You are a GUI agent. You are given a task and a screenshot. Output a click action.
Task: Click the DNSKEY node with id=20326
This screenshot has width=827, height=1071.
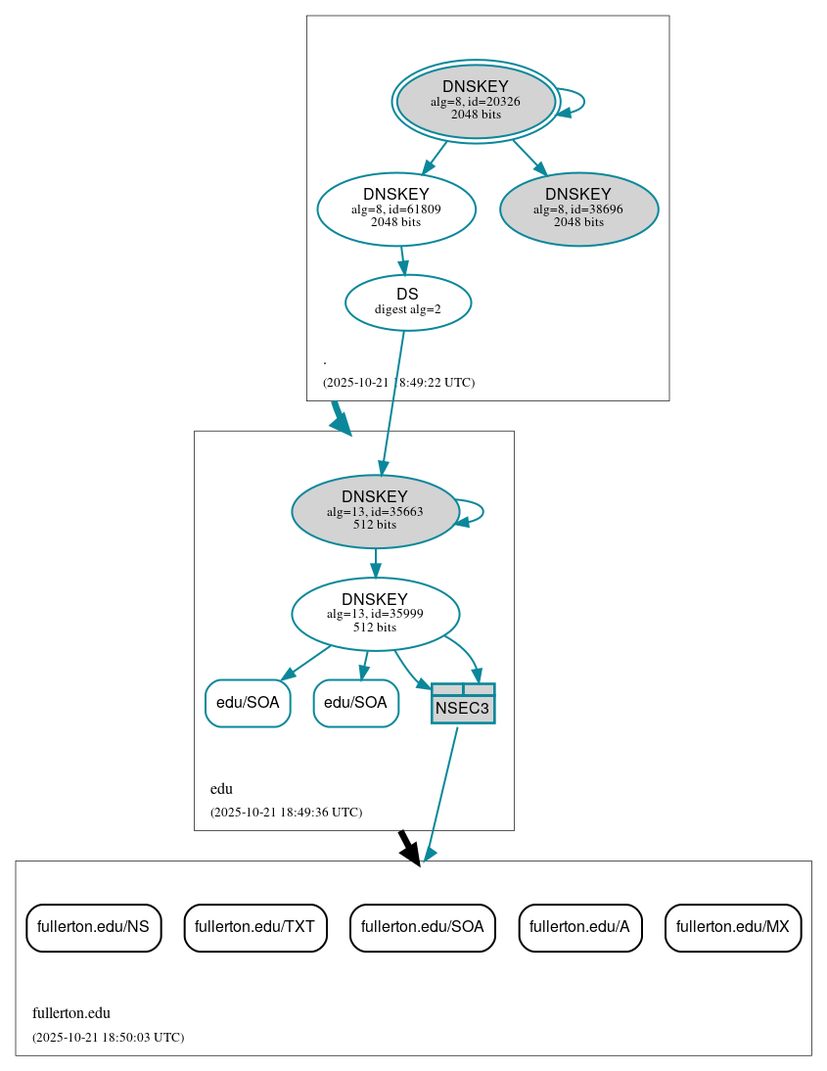[x=476, y=101]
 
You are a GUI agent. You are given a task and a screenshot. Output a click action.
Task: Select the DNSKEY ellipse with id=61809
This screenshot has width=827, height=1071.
[x=396, y=209]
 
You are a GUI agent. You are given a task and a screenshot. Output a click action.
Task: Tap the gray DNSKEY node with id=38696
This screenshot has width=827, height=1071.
[x=578, y=209]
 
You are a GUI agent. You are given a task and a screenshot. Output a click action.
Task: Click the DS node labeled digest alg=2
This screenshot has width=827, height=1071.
[x=408, y=303]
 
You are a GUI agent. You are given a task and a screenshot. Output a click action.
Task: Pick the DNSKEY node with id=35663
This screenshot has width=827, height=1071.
[x=375, y=511]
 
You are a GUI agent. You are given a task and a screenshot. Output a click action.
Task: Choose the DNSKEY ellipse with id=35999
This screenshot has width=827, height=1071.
[x=375, y=614]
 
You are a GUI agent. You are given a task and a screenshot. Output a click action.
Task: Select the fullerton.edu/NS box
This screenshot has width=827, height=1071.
[x=93, y=927]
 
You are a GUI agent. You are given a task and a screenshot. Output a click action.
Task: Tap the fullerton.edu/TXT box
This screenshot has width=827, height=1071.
[x=254, y=927]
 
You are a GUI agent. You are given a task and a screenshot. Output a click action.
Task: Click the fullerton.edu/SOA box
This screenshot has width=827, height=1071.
[x=422, y=927]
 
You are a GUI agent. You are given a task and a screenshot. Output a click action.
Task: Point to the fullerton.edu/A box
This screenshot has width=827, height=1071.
[x=579, y=927]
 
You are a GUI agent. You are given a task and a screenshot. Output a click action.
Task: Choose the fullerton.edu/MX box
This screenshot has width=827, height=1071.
[x=732, y=927]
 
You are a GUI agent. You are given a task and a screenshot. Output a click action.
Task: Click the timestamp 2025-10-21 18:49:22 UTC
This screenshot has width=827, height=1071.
[x=398, y=383]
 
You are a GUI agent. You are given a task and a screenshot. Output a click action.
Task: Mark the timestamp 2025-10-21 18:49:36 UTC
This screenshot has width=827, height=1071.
[x=286, y=813]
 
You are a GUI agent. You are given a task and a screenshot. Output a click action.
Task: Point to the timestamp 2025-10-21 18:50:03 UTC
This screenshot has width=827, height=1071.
[x=108, y=1037]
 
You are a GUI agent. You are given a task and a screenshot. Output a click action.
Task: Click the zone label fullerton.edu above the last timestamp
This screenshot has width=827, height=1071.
[x=71, y=1013]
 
